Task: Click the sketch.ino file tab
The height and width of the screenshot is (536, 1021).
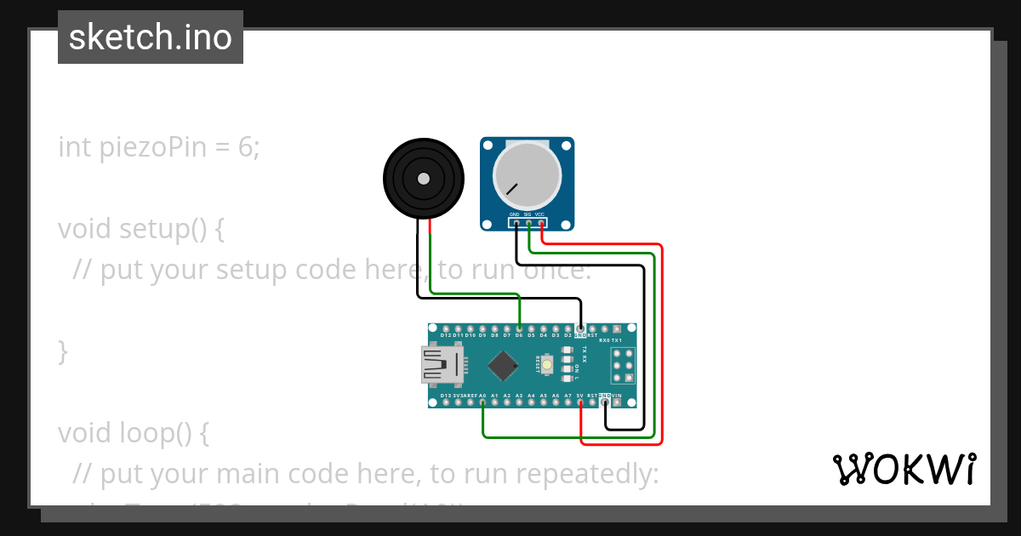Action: point(151,37)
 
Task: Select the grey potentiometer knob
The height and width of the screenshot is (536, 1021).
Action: point(527,177)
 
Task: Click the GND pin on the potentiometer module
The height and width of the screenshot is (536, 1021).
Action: point(516,224)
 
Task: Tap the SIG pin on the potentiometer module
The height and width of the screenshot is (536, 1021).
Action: point(528,224)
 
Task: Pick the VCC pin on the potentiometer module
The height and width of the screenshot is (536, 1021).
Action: point(541,224)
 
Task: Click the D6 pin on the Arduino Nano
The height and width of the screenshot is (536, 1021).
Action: point(519,328)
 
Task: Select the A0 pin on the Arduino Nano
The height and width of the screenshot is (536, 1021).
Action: point(482,402)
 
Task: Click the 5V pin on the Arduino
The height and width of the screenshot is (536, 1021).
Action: point(580,402)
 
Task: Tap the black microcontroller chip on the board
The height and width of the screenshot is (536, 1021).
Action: point(503,366)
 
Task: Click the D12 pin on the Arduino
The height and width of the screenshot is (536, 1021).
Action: point(446,328)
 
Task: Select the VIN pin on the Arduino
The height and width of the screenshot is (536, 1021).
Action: point(617,402)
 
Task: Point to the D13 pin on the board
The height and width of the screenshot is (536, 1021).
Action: point(446,402)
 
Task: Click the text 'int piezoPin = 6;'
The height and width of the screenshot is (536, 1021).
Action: point(159,147)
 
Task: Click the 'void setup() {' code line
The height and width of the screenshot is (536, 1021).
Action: point(141,229)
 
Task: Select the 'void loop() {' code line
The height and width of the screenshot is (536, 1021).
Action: point(134,433)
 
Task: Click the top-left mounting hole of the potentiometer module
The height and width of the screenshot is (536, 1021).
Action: point(488,145)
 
